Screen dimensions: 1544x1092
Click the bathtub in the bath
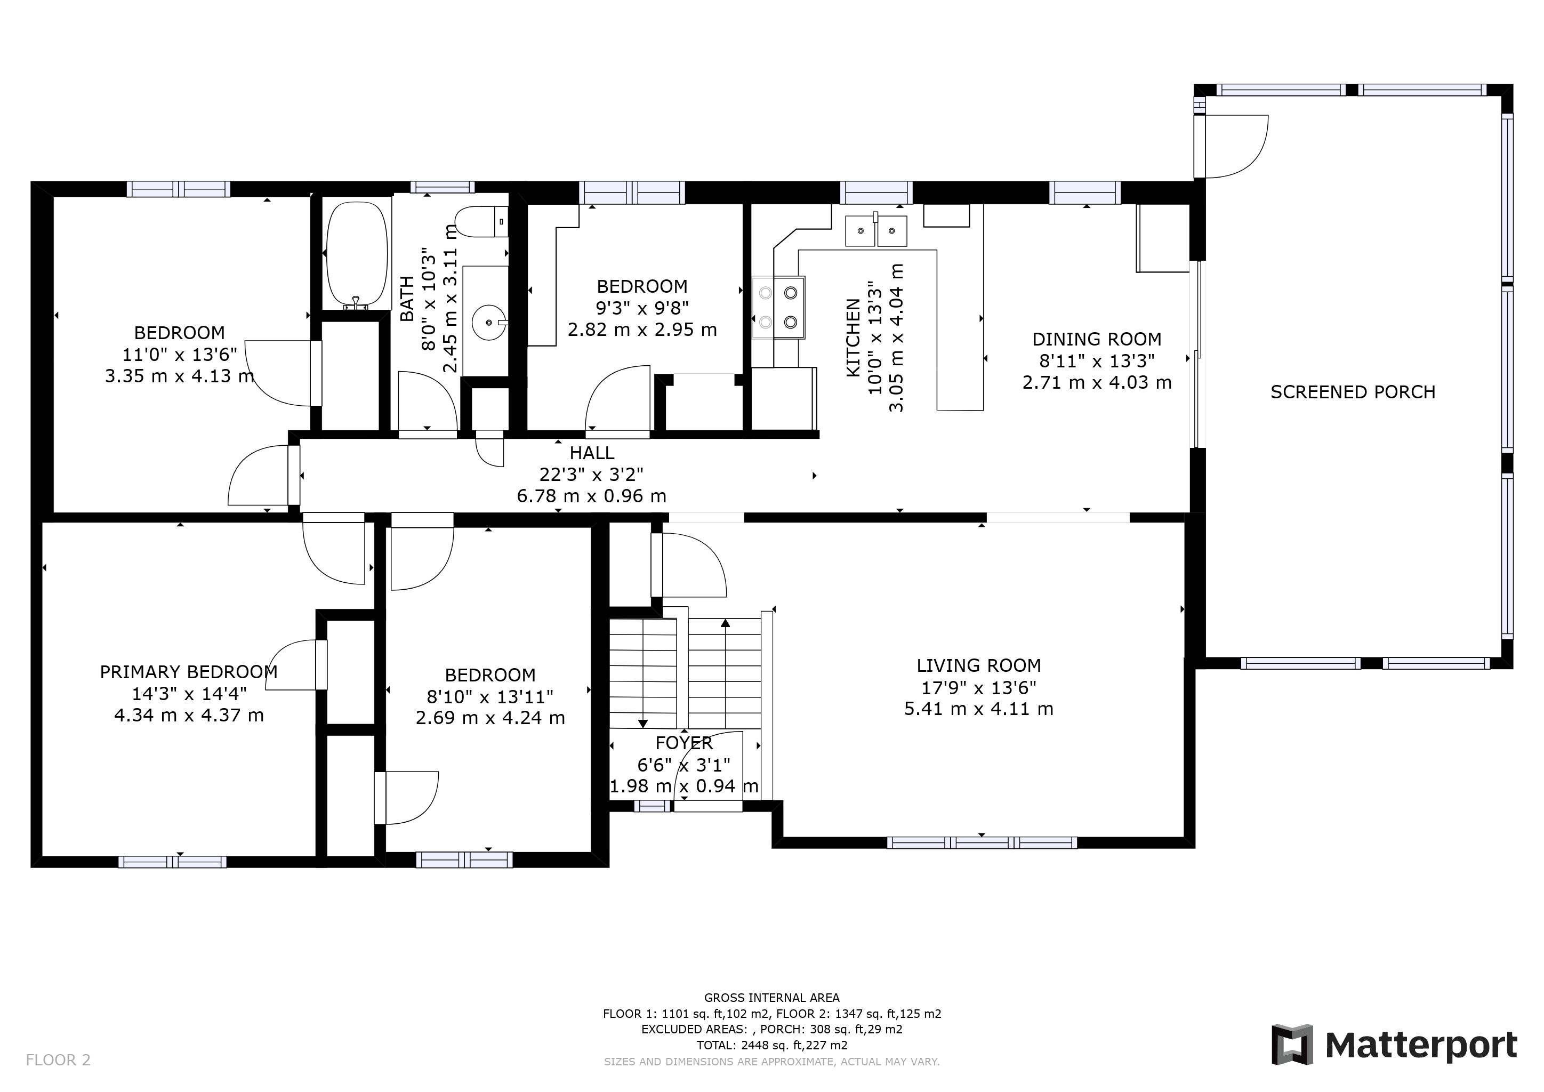click(357, 253)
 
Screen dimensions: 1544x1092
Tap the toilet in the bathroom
click(481, 221)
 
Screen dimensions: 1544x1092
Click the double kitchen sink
click(875, 231)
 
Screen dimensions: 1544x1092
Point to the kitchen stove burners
click(779, 308)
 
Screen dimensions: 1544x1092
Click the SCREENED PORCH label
click(1353, 392)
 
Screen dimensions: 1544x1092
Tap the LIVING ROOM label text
click(978, 665)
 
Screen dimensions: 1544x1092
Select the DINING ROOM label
click(1097, 339)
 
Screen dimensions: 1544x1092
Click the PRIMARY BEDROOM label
click(188, 672)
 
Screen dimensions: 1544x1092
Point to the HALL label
click(592, 453)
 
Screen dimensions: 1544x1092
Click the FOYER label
click(684, 743)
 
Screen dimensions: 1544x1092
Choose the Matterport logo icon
click(1292, 1045)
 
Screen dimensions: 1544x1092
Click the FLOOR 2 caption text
click(58, 1061)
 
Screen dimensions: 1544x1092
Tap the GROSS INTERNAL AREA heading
click(771, 998)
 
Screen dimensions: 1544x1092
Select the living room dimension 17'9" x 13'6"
click(978, 687)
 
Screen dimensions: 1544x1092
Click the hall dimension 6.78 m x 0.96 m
click(592, 496)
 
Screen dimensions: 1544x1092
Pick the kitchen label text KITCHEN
click(853, 338)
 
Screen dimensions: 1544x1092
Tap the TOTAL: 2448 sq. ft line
click(771, 1046)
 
